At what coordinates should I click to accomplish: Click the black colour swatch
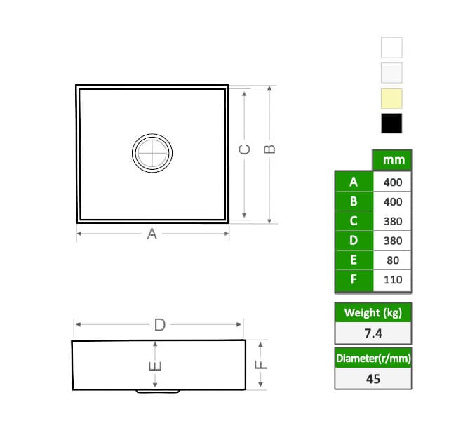coord(391,124)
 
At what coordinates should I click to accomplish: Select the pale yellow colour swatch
coord(391,98)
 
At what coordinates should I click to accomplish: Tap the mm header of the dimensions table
coord(394,160)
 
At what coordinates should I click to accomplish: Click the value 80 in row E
coord(393,260)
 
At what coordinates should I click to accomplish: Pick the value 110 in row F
coord(393,280)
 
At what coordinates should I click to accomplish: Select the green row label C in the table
coord(354,221)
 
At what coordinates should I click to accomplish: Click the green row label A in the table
coord(354,182)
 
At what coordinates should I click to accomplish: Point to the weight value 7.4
coord(373,333)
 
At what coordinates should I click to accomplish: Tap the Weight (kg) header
coord(373,313)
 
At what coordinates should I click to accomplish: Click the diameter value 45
coord(373,379)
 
